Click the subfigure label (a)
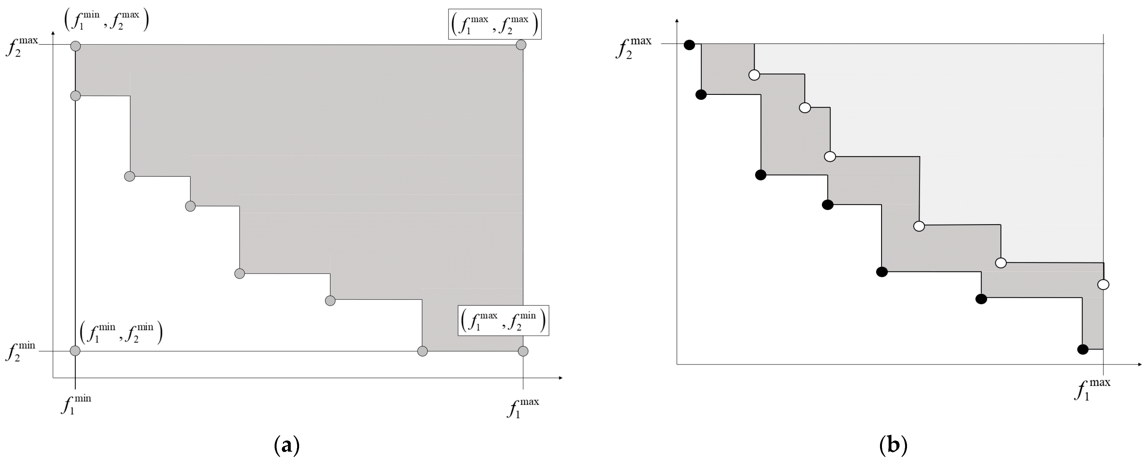tap(287, 445)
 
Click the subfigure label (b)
tap(893, 445)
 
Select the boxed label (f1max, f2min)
tap(503, 320)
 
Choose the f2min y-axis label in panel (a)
tap(20, 352)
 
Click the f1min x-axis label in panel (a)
tap(76, 404)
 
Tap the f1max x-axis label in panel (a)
tap(523, 407)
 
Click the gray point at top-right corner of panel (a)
tap(521, 45)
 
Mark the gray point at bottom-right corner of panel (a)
tap(523, 351)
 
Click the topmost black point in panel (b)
tap(689, 45)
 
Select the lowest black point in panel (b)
tap(1083, 350)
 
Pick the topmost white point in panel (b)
tap(754, 75)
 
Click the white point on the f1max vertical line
tap(1103, 284)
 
